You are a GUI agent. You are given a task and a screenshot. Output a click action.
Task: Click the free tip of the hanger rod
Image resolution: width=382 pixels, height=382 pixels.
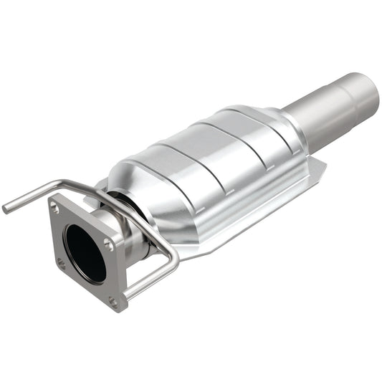point(6,209)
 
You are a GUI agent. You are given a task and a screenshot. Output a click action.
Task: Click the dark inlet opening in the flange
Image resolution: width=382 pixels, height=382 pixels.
point(84,253)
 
